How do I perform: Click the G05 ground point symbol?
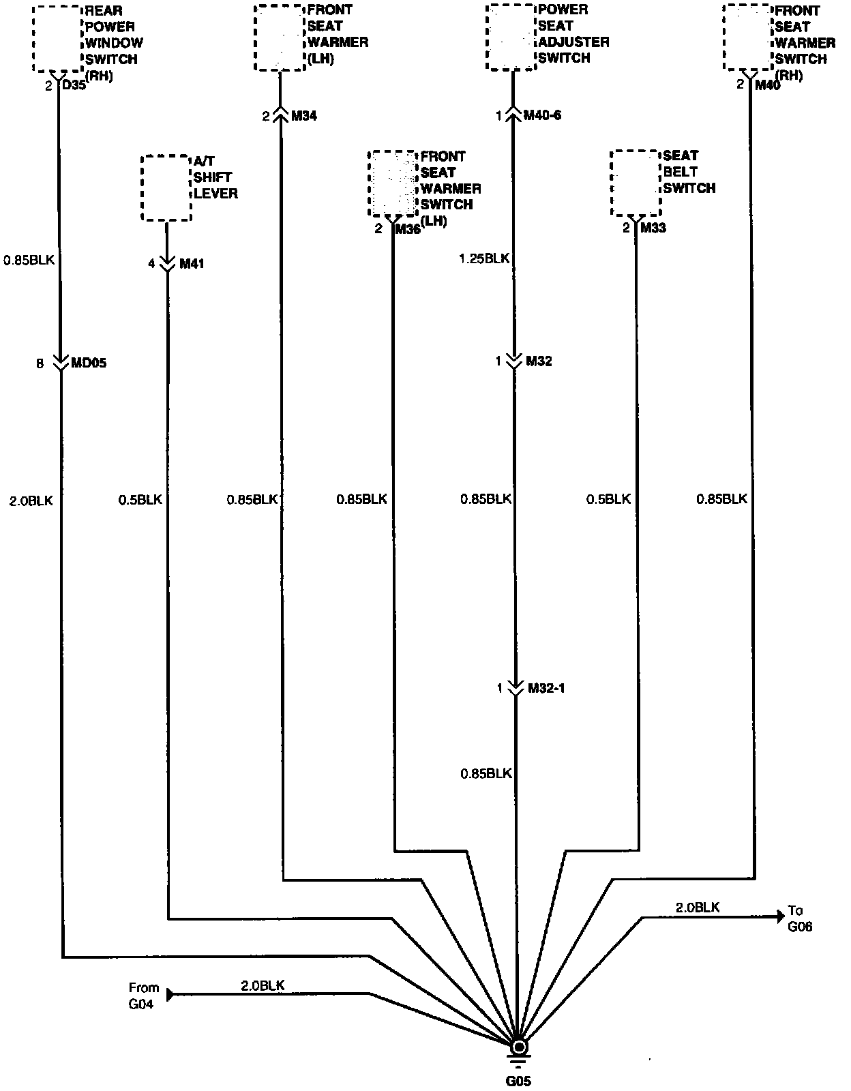click(519, 1047)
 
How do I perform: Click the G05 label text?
click(518, 1081)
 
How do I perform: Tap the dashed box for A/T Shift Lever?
click(166, 188)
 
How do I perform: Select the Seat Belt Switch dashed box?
click(635, 183)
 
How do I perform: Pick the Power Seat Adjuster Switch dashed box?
click(511, 37)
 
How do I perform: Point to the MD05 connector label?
click(89, 363)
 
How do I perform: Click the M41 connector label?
click(192, 264)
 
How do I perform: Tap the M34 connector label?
click(304, 116)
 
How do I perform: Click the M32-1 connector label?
click(546, 689)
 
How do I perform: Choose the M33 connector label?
click(653, 228)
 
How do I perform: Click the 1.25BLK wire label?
click(484, 258)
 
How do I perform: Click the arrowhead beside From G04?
click(170, 994)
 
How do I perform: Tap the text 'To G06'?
click(799, 918)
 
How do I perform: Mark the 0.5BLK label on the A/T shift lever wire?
click(140, 500)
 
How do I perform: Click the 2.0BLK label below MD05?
click(31, 501)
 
